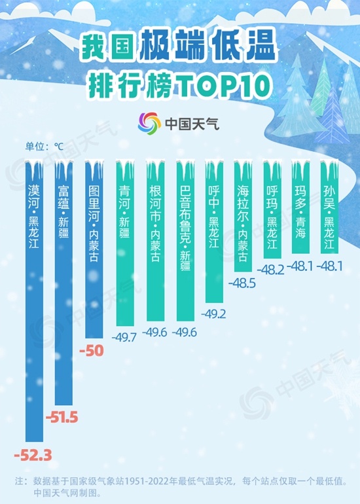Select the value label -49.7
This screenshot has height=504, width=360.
(x=124, y=337)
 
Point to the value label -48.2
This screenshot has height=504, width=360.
(x=274, y=268)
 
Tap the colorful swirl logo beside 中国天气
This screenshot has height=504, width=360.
(x=149, y=122)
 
